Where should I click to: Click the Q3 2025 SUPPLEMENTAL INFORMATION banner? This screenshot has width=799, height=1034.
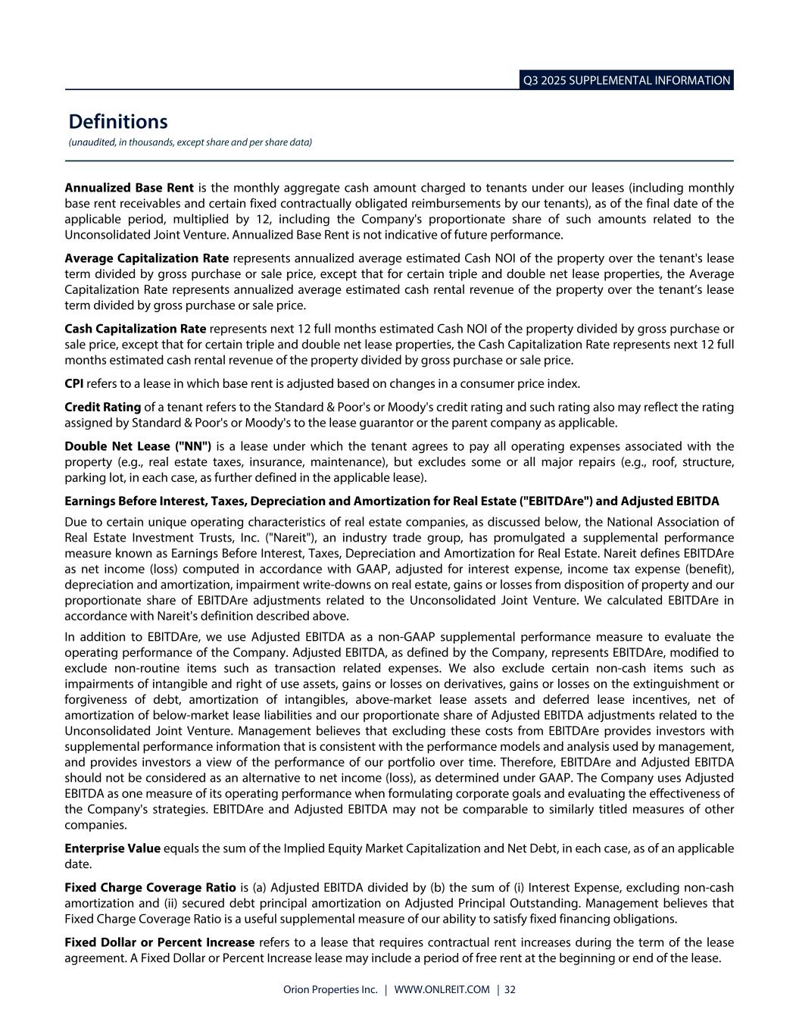pos(626,80)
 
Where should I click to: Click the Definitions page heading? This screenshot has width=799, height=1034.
pos(118,121)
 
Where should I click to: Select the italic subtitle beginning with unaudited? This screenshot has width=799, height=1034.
pos(190,142)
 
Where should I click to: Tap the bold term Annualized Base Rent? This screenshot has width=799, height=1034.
pos(130,187)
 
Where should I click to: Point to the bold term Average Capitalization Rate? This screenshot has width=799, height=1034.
pos(147,258)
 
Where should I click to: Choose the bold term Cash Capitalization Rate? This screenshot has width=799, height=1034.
pos(136,328)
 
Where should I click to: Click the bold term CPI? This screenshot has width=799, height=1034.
pos(74,383)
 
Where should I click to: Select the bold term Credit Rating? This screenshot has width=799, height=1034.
pos(103,407)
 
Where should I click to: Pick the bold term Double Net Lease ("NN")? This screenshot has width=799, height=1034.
pos(138,445)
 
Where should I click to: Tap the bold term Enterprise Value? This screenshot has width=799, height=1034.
pos(113,848)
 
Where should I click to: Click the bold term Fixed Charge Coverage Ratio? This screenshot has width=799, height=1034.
pos(150,887)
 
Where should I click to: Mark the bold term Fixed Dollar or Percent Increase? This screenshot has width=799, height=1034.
pos(160,942)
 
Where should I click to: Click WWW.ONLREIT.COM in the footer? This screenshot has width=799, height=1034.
pos(442,989)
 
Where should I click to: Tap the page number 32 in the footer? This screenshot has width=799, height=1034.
pos(510,989)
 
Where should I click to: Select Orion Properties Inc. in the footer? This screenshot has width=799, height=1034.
pos(330,989)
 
